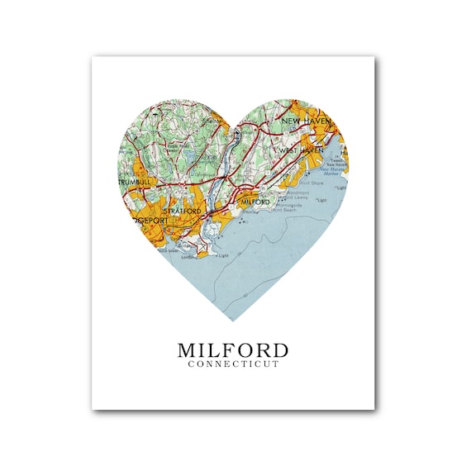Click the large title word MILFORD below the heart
[x=233, y=350]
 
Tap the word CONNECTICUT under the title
[x=233, y=364]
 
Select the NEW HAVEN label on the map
[x=306, y=121]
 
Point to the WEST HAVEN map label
[x=300, y=151]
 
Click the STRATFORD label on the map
[x=183, y=212]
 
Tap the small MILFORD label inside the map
[x=255, y=201]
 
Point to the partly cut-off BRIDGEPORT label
[x=138, y=221]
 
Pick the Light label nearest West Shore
[x=322, y=200]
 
